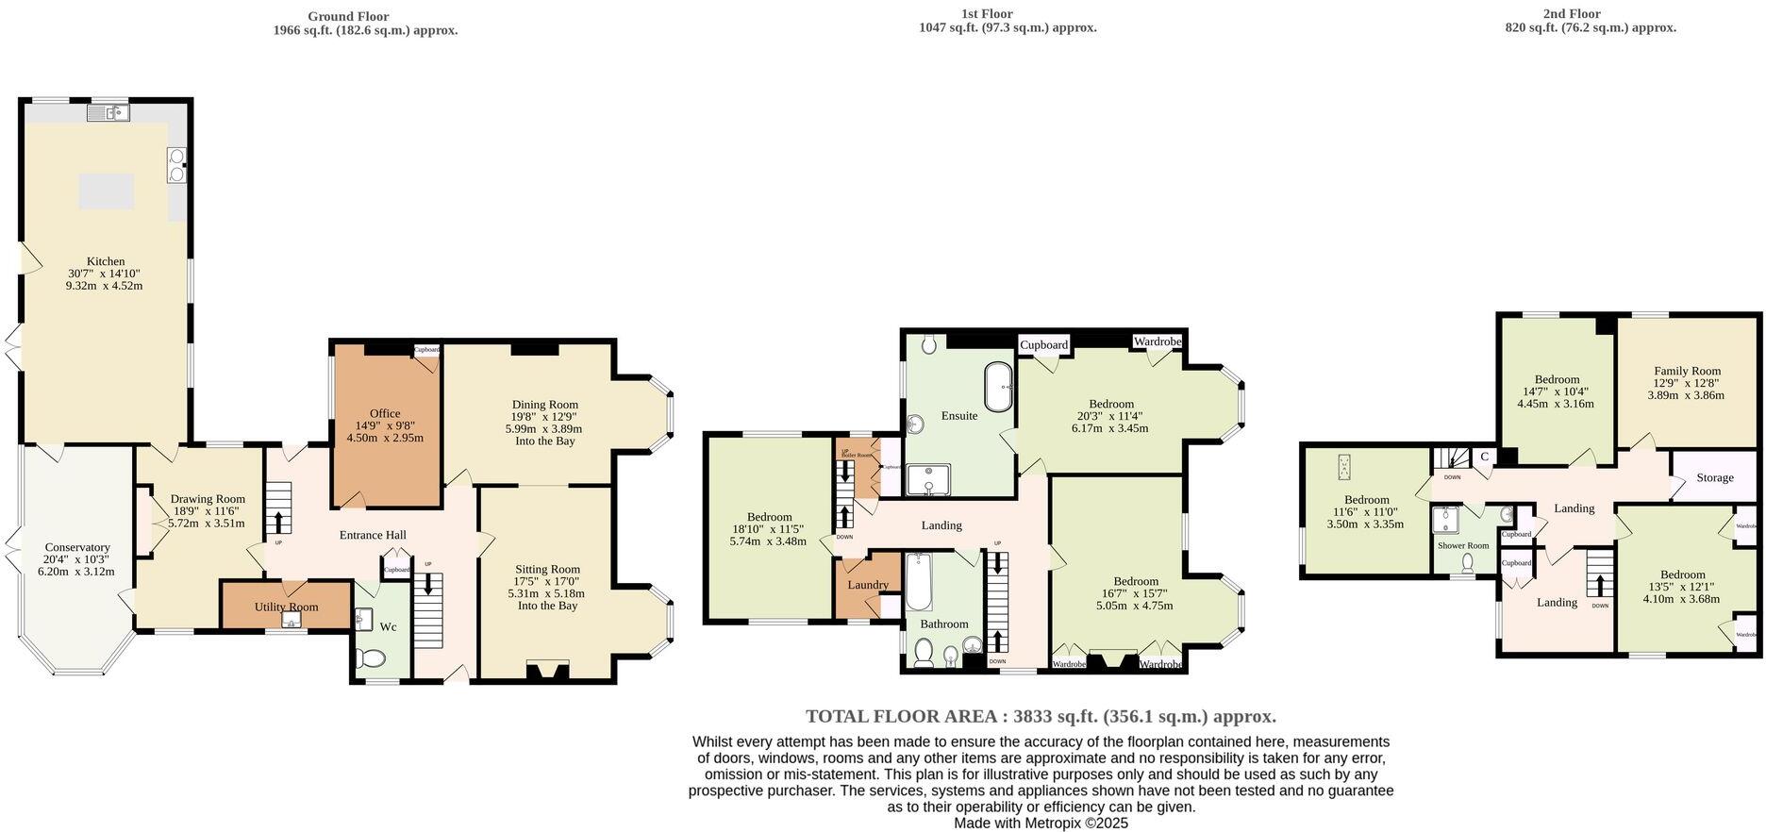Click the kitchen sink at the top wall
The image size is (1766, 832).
[x=108, y=113]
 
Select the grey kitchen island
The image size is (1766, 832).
[x=106, y=191]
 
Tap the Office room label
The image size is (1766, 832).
[x=385, y=413]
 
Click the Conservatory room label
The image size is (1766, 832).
[x=77, y=547]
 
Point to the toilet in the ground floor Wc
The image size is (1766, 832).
[x=375, y=659]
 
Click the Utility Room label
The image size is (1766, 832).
[x=286, y=607]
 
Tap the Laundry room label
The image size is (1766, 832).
[x=868, y=585]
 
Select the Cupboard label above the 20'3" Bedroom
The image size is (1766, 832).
[x=1043, y=344]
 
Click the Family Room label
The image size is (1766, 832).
[x=1687, y=371]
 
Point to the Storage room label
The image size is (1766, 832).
[x=1714, y=477]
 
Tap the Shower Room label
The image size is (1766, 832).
[x=1463, y=545]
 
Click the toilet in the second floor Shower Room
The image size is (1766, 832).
[x=1467, y=563]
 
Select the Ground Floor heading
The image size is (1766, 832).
[x=348, y=16]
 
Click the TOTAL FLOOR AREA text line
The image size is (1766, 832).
[x=1041, y=716]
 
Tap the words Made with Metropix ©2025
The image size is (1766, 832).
[x=1041, y=823]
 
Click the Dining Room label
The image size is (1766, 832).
[x=545, y=405]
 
